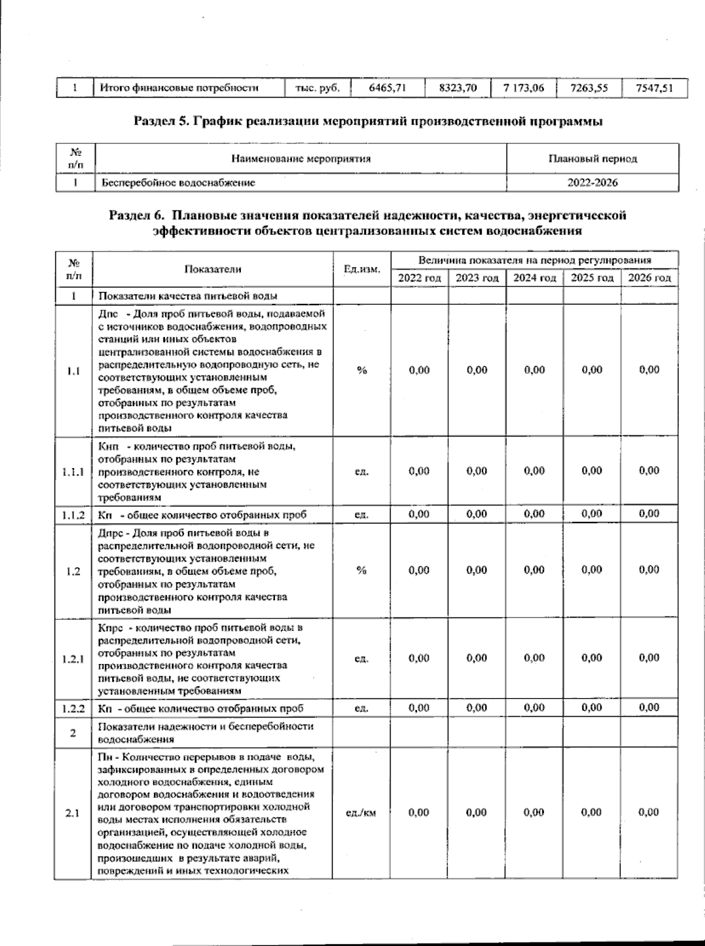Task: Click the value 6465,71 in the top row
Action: pos(387,88)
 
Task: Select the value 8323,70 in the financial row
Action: pos(458,88)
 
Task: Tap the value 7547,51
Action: pos(653,88)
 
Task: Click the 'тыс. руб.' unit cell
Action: pos(317,88)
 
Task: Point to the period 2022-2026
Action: pos(592,183)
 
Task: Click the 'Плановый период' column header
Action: pos(592,159)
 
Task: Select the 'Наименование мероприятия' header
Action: pos(301,159)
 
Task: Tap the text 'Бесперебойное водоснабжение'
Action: pos(179,183)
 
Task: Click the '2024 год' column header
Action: pos(534,278)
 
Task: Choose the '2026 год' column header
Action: pos(649,278)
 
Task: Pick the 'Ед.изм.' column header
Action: pos(361,269)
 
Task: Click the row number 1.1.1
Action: pos(73,471)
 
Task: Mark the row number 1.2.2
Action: pos(73,708)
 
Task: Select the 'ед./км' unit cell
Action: pos(361,813)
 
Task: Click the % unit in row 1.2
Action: pos(361,571)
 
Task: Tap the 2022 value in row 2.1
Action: pos(419,813)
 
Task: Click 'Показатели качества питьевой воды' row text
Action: pos(188,296)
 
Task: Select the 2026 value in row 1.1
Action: pos(649,370)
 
